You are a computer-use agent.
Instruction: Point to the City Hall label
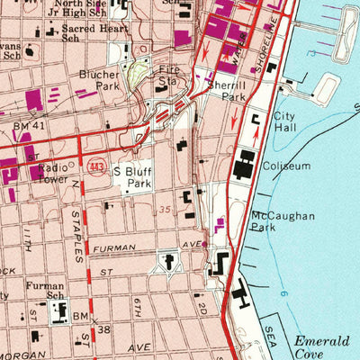(x=285, y=123)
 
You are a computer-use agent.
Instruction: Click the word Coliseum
(x=286, y=166)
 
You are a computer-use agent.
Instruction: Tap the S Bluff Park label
(x=133, y=175)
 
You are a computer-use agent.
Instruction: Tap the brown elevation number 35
(x=163, y=209)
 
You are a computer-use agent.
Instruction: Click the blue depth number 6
(x=282, y=294)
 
